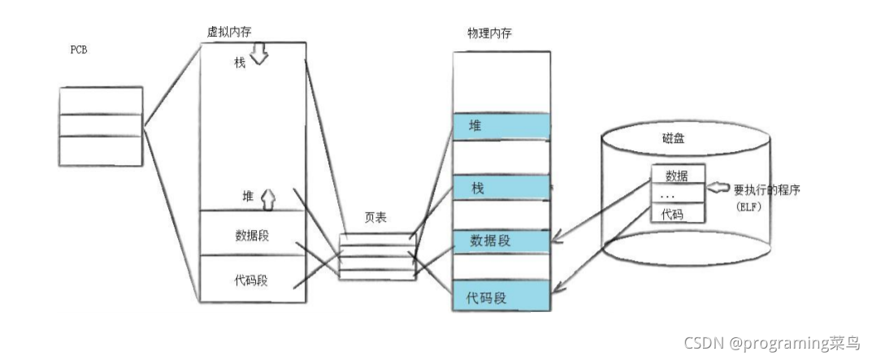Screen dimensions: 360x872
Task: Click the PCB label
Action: (x=79, y=50)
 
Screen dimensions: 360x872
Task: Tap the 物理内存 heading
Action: (x=490, y=33)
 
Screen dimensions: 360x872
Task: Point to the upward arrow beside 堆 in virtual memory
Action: (x=269, y=197)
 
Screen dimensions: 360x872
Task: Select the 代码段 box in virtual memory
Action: (x=253, y=280)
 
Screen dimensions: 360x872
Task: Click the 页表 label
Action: (x=376, y=220)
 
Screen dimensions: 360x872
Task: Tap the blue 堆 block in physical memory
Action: (x=501, y=126)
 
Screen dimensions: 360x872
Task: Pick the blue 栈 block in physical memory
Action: (x=501, y=189)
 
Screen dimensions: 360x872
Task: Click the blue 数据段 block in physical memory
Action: (x=501, y=241)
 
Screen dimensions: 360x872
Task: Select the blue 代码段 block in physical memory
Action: (x=501, y=297)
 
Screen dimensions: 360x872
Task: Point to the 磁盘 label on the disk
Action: (x=673, y=139)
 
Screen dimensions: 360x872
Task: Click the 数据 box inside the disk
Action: (x=677, y=175)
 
